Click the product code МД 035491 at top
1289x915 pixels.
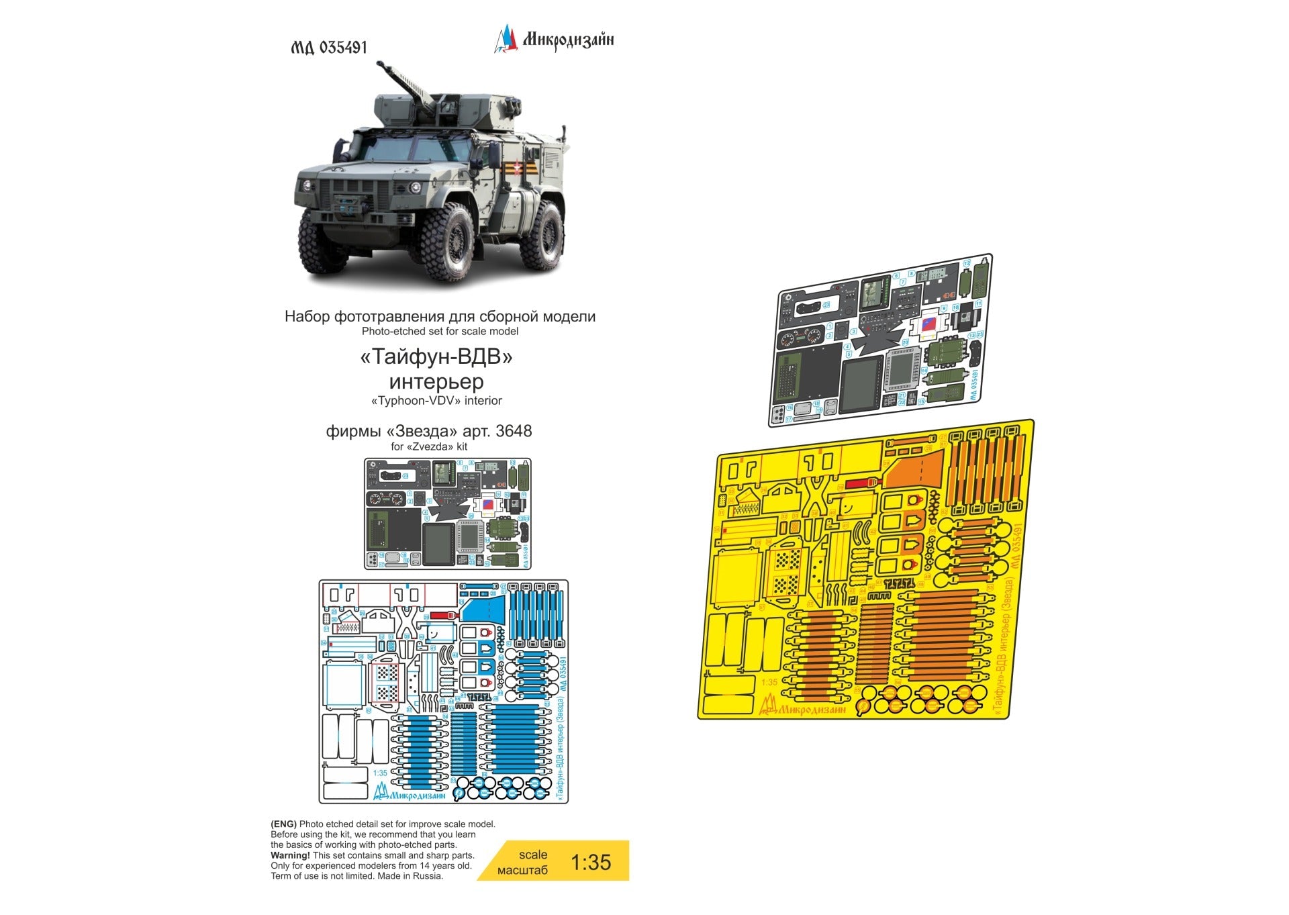pos(329,48)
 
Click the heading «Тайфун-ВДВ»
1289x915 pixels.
pos(436,356)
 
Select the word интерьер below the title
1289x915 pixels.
pos(436,381)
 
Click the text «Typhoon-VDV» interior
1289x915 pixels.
pos(436,401)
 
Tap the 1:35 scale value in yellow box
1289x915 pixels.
pos(591,862)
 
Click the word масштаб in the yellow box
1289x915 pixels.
pos(522,870)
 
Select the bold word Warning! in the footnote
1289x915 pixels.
pos(290,855)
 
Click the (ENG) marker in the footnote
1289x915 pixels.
pos(283,824)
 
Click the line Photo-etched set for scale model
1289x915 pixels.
pos(440,331)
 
